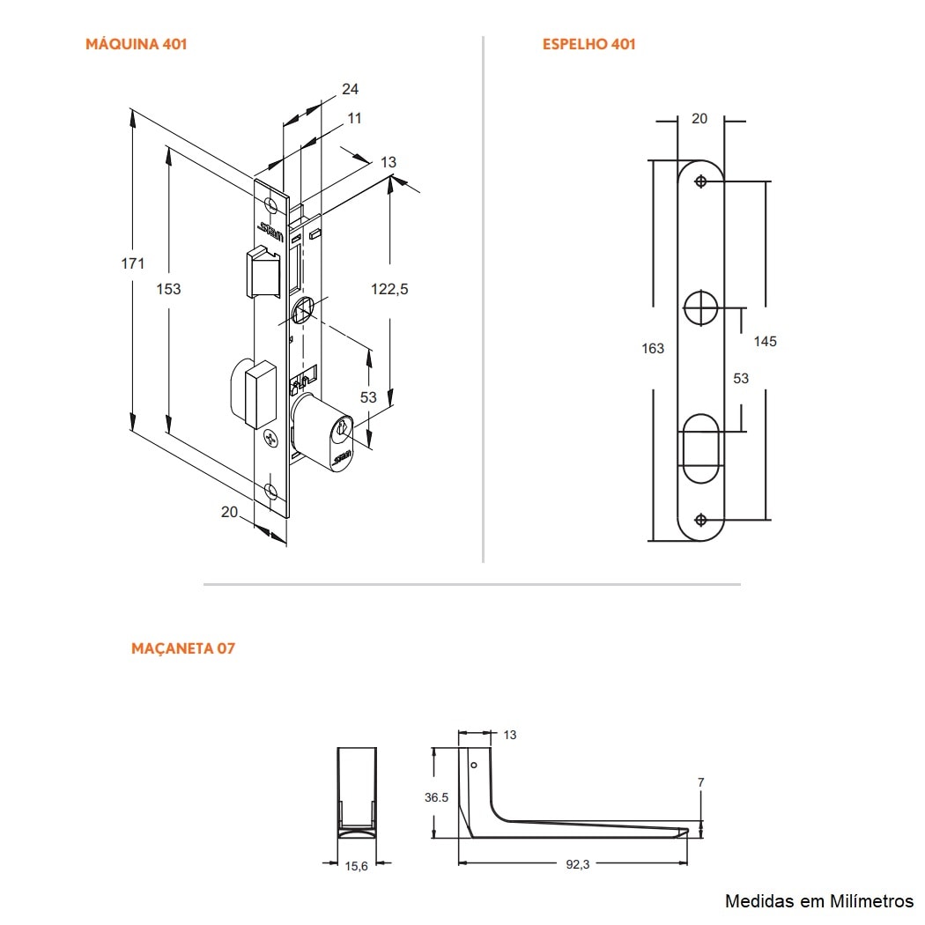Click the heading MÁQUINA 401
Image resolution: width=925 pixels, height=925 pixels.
136,44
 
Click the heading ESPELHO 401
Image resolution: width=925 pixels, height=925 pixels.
588,44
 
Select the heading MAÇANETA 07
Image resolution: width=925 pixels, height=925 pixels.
183,648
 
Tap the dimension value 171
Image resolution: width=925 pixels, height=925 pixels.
132,263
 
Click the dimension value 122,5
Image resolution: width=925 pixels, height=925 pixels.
388,288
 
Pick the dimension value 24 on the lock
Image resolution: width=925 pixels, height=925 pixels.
350,89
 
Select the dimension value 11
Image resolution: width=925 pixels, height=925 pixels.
354,118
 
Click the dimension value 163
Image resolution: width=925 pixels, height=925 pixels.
652,348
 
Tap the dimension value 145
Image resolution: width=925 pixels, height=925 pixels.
765,341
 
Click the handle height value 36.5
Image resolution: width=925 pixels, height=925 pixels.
437,797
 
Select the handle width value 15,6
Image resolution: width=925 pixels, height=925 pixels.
356,867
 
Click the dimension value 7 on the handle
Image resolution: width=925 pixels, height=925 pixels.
700,782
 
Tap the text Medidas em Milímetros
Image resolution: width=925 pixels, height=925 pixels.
818,900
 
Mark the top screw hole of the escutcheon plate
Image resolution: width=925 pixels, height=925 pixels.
700,181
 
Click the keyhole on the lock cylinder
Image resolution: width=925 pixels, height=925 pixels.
340,431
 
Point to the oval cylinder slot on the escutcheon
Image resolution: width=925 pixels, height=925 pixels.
701,448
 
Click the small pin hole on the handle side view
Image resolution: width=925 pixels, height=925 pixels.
474,766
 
